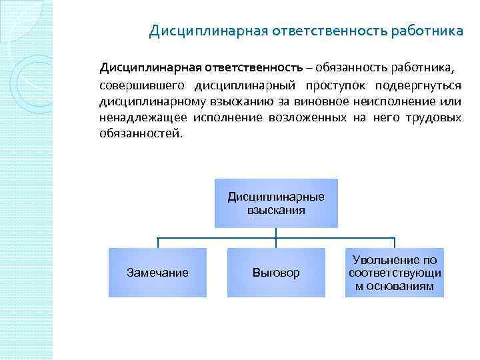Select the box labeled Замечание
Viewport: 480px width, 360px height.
pyautogui.click(x=157, y=273)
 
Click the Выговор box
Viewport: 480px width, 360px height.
pyautogui.click(x=276, y=273)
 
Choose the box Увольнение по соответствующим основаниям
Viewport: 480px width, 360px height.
pyautogui.click(x=395, y=273)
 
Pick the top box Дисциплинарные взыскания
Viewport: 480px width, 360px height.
pyautogui.click(x=276, y=203)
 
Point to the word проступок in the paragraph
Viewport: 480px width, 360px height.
pyautogui.click(x=337, y=86)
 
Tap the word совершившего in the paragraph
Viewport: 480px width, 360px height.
pyautogui.click(x=142, y=86)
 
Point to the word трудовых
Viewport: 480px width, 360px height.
pyautogui.click(x=435, y=118)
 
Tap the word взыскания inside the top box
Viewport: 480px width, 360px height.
pyautogui.click(x=276, y=210)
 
